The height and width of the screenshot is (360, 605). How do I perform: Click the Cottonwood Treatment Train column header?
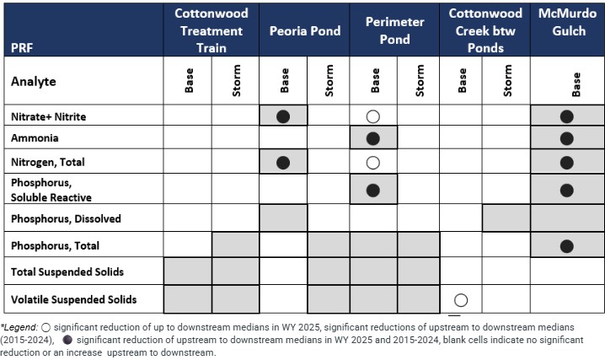(211, 30)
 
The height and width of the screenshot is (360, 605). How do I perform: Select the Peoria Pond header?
(304, 31)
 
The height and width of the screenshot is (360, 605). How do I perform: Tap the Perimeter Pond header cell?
(394, 31)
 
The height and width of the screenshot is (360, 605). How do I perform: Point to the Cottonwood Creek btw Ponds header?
(485, 30)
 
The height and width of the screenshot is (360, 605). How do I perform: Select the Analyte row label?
(33, 82)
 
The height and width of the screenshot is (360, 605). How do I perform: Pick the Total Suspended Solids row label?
(67, 271)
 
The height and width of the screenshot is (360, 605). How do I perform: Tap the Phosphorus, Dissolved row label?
(66, 218)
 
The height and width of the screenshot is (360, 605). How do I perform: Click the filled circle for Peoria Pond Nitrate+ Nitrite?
(284, 116)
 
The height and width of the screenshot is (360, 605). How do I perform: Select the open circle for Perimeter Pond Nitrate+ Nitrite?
(373, 116)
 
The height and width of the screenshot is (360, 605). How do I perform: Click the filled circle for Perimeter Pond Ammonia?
(373, 138)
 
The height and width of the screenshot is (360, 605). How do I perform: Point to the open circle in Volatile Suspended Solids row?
(462, 299)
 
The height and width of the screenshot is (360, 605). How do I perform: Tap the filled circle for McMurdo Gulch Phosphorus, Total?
(567, 246)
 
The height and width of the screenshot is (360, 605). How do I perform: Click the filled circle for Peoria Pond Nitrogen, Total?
(284, 162)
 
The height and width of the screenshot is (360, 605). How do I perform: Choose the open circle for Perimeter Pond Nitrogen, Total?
(373, 162)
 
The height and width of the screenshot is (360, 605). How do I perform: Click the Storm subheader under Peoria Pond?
(329, 81)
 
